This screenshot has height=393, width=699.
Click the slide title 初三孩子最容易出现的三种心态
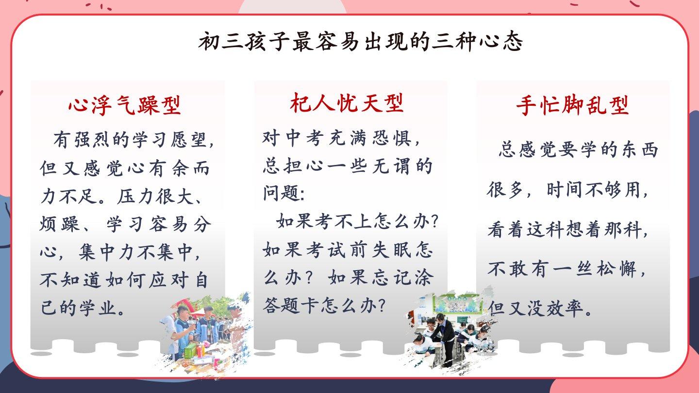click(x=360, y=42)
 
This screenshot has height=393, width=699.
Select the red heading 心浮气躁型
click(x=125, y=105)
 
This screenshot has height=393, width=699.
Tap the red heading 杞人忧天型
click(x=347, y=103)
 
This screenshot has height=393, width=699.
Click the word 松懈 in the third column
click(x=616, y=269)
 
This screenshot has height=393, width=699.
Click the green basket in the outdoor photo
click(x=191, y=351)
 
